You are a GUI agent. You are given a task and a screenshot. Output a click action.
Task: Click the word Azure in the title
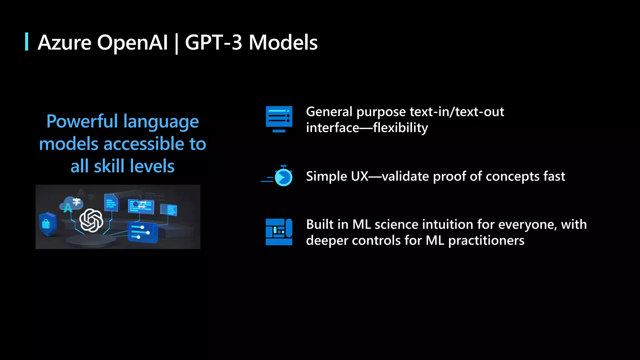(64, 42)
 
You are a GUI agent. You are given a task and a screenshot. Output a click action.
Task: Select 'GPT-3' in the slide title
(214, 42)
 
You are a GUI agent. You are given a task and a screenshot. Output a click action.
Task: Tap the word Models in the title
(283, 42)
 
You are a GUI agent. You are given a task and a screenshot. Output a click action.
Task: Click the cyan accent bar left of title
(27, 42)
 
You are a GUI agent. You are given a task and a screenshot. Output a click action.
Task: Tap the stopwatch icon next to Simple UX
(283, 177)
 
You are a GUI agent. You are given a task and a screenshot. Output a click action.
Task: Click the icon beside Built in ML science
(279, 232)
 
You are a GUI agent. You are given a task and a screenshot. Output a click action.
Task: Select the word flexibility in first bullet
(400, 128)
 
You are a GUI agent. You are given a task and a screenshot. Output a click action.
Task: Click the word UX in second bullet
(359, 176)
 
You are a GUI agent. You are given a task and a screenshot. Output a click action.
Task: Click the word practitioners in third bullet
(486, 240)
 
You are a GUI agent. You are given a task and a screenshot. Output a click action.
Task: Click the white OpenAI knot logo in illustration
(91, 220)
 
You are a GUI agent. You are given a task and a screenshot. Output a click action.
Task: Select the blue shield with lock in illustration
(47, 224)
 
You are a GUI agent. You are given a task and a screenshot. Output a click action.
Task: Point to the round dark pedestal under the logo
(91, 241)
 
